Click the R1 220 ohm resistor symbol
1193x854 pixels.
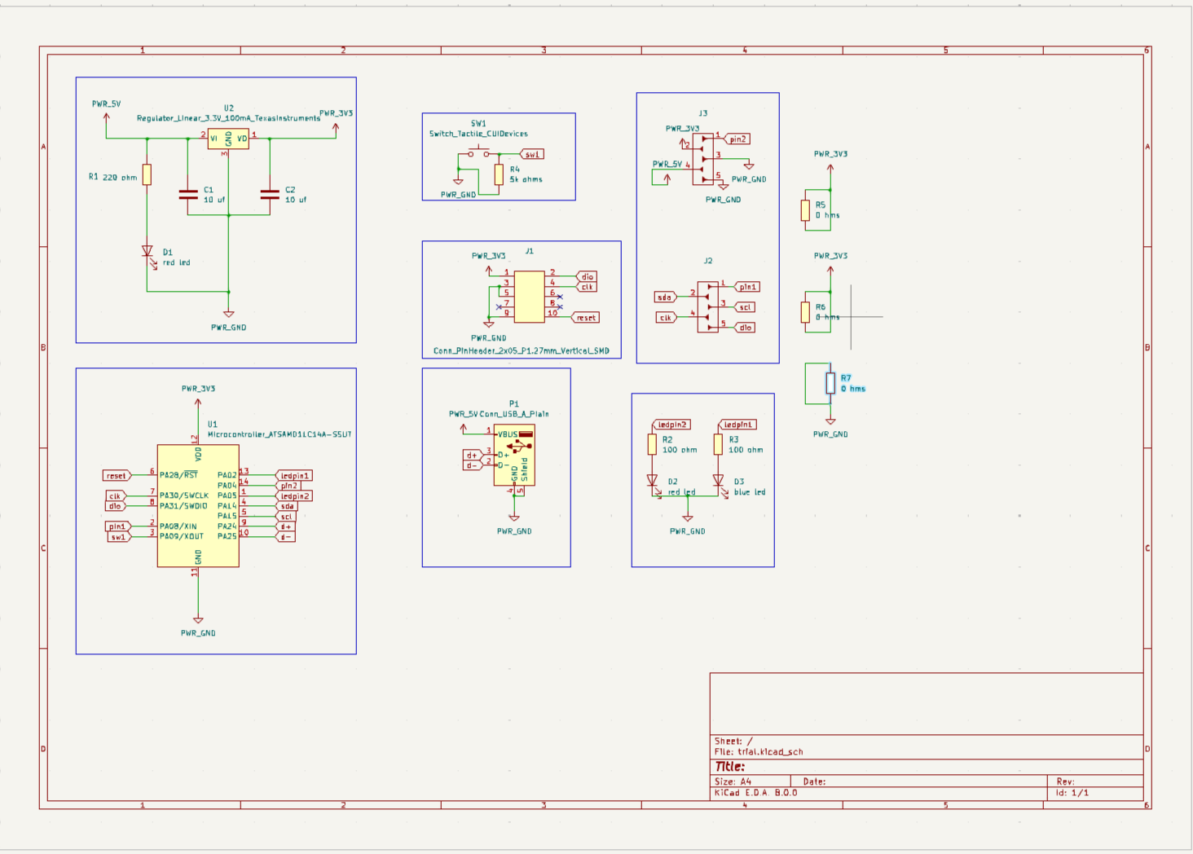click(x=147, y=174)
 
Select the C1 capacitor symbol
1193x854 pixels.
click(x=188, y=195)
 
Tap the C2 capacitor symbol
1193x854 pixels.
click(x=270, y=195)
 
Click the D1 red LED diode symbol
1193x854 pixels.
click(x=147, y=252)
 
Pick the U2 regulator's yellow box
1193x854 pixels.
click(x=228, y=139)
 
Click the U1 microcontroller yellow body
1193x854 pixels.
click(x=198, y=505)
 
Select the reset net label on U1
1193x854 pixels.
click(x=117, y=475)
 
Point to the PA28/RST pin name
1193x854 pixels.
click(x=178, y=475)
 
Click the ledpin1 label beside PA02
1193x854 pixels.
click(x=294, y=475)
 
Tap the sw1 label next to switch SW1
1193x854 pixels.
click(x=531, y=154)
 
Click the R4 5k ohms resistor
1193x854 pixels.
click(x=499, y=174)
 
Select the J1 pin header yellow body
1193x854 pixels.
click(x=529, y=297)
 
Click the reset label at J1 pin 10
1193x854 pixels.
click(x=586, y=318)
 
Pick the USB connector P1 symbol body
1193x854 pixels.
click(x=514, y=455)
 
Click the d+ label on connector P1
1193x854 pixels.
click(x=472, y=456)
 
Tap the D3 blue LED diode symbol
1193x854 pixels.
click(x=718, y=481)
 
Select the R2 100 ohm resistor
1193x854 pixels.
click(x=652, y=444)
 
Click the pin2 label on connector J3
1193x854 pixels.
click(x=737, y=139)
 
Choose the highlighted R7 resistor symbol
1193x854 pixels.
click(x=830, y=383)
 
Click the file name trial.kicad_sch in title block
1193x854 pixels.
click(x=770, y=752)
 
